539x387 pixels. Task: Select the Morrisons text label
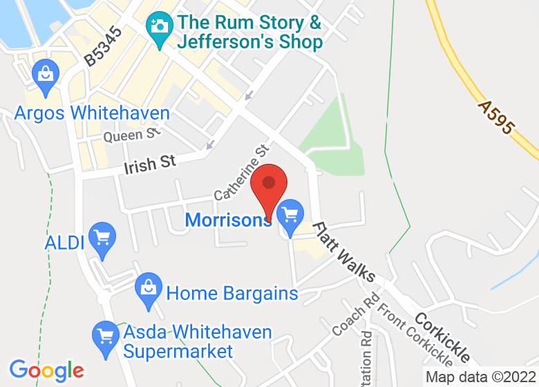tap(229, 220)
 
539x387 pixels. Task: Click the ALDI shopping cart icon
tap(102, 238)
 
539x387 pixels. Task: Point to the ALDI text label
tap(64, 243)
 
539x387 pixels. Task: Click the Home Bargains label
tap(232, 293)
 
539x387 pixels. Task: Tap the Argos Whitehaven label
tap(92, 113)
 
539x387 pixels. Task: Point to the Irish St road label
tap(150, 164)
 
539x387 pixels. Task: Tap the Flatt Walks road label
tap(344, 252)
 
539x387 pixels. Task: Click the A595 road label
tap(496, 117)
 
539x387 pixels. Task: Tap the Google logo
tap(46, 370)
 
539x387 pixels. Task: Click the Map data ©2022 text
tap(481, 377)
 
